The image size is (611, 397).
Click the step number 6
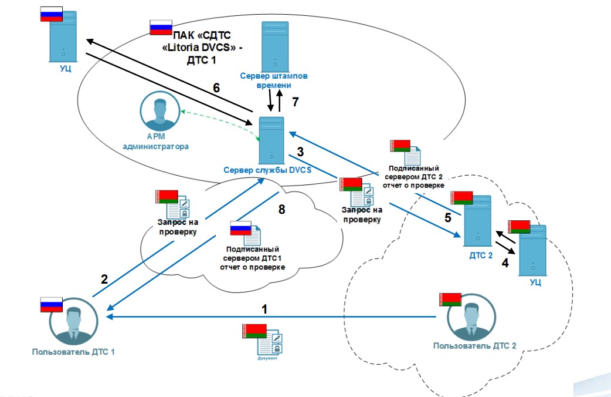click(x=216, y=88)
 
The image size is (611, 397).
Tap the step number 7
click(x=296, y=102)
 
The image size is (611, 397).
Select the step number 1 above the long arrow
click(x=264, y=308)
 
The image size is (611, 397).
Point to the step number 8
click(x=281, y=208)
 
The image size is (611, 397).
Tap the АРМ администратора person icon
click(x=159, y=115)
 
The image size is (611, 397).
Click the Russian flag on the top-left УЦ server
click(x=52, y=13)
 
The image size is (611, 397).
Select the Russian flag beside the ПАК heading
click(x=159, y=26)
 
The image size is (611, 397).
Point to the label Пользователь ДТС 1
click(x=70, y=352)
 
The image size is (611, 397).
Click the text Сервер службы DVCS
click(x=266, y=170)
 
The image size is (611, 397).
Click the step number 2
click(x=104, y=279)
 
